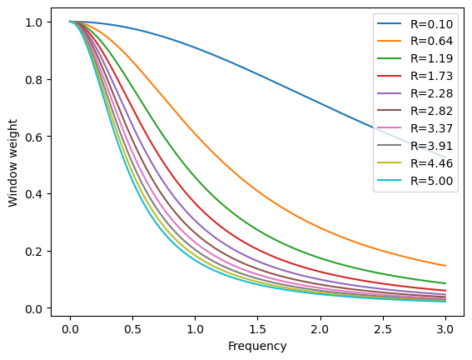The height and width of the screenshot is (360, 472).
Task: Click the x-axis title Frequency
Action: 258,346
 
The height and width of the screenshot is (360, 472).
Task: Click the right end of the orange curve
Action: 445,266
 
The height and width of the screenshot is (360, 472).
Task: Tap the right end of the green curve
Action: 445,283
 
